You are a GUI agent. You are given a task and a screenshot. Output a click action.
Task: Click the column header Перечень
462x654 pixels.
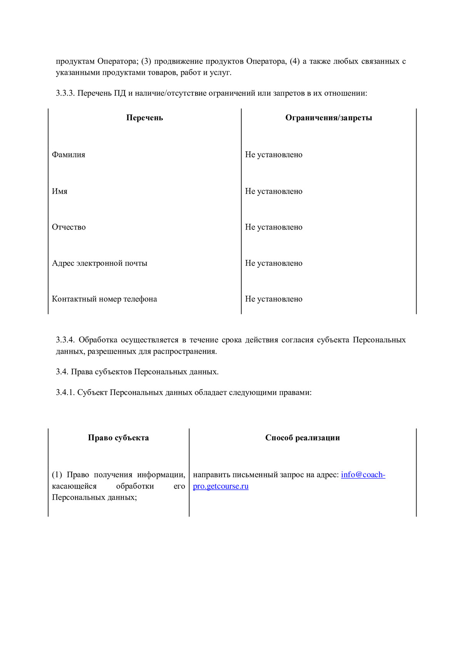tap(144, 118)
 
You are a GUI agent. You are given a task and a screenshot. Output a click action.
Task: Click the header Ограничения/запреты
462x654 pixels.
tap(328, 118)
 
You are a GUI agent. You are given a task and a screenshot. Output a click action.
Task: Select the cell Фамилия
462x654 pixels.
tap(69, 155)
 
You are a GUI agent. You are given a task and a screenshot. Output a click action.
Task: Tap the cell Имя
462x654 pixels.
tap(60, 191)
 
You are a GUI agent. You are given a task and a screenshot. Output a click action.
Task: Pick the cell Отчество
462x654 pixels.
tap(69, 227)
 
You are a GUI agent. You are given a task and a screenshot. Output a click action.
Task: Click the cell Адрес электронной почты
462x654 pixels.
tap(100, 263)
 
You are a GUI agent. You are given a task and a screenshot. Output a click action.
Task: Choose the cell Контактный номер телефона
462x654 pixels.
tap(104, 299)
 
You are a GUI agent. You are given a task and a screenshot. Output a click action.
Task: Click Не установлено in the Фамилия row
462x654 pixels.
tap(274, 155)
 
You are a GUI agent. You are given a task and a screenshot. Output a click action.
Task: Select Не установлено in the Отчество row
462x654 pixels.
tap(274, 227)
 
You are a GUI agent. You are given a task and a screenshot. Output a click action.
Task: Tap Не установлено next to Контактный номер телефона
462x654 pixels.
tap(274, 299)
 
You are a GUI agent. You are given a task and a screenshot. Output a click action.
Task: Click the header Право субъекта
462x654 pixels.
tap(118, 438)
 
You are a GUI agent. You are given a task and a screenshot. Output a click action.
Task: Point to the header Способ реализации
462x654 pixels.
tap(302, 438)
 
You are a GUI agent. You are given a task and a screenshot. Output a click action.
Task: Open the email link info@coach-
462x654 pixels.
tap(363, 475)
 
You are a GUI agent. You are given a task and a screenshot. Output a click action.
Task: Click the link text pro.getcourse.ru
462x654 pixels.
tap(221, 486)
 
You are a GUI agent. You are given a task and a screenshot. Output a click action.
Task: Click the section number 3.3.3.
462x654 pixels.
tap(65, 93)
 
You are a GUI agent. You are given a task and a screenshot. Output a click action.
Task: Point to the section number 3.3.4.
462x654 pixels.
tap(65, 340)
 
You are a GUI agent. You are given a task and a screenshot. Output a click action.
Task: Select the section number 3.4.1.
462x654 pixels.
tap(65, 393)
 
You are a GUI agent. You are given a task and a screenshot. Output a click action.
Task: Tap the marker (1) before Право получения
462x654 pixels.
tap(57, 475)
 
